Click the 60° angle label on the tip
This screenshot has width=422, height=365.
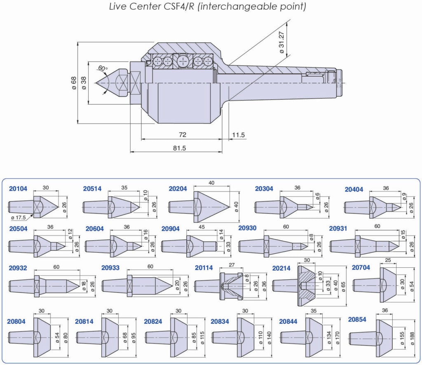click(103, 68)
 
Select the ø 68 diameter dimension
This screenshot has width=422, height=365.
click(74, 83)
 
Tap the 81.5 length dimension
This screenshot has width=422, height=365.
click(180, 148)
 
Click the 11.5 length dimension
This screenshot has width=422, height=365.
click(238, 135)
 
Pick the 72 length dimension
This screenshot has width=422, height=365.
click(183, 135)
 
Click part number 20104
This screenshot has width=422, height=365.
click(18, 189)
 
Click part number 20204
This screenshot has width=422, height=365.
click(178, 189)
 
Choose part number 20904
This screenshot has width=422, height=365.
click(171, 229)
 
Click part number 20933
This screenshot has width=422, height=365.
click(110, 268)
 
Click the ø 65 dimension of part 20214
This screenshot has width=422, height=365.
click(343, 285)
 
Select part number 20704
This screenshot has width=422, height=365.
click(361, 267)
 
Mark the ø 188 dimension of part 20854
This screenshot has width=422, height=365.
click(412, 338)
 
